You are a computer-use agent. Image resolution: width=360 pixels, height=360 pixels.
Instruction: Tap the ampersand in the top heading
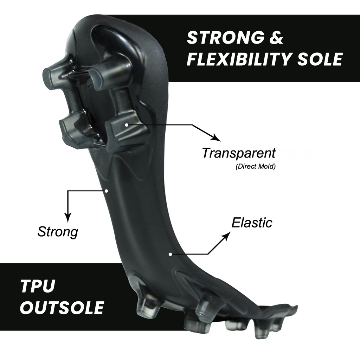tap(276, 38)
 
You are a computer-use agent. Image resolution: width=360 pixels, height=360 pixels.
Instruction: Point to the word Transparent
tap(239, 153)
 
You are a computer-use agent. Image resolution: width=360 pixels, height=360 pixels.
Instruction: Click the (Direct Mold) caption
tap(255, 166)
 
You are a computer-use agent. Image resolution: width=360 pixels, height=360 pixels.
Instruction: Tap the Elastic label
tap(252, 223)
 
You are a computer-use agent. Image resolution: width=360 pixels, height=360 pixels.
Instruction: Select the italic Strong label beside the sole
tap(58, 232)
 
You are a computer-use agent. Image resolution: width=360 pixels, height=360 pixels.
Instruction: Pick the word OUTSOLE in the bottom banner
tap(62, 307)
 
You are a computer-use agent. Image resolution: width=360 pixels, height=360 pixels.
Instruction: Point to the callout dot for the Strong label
tap(107, 191)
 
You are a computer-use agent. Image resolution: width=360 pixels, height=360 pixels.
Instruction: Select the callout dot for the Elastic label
tap(171, 253)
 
